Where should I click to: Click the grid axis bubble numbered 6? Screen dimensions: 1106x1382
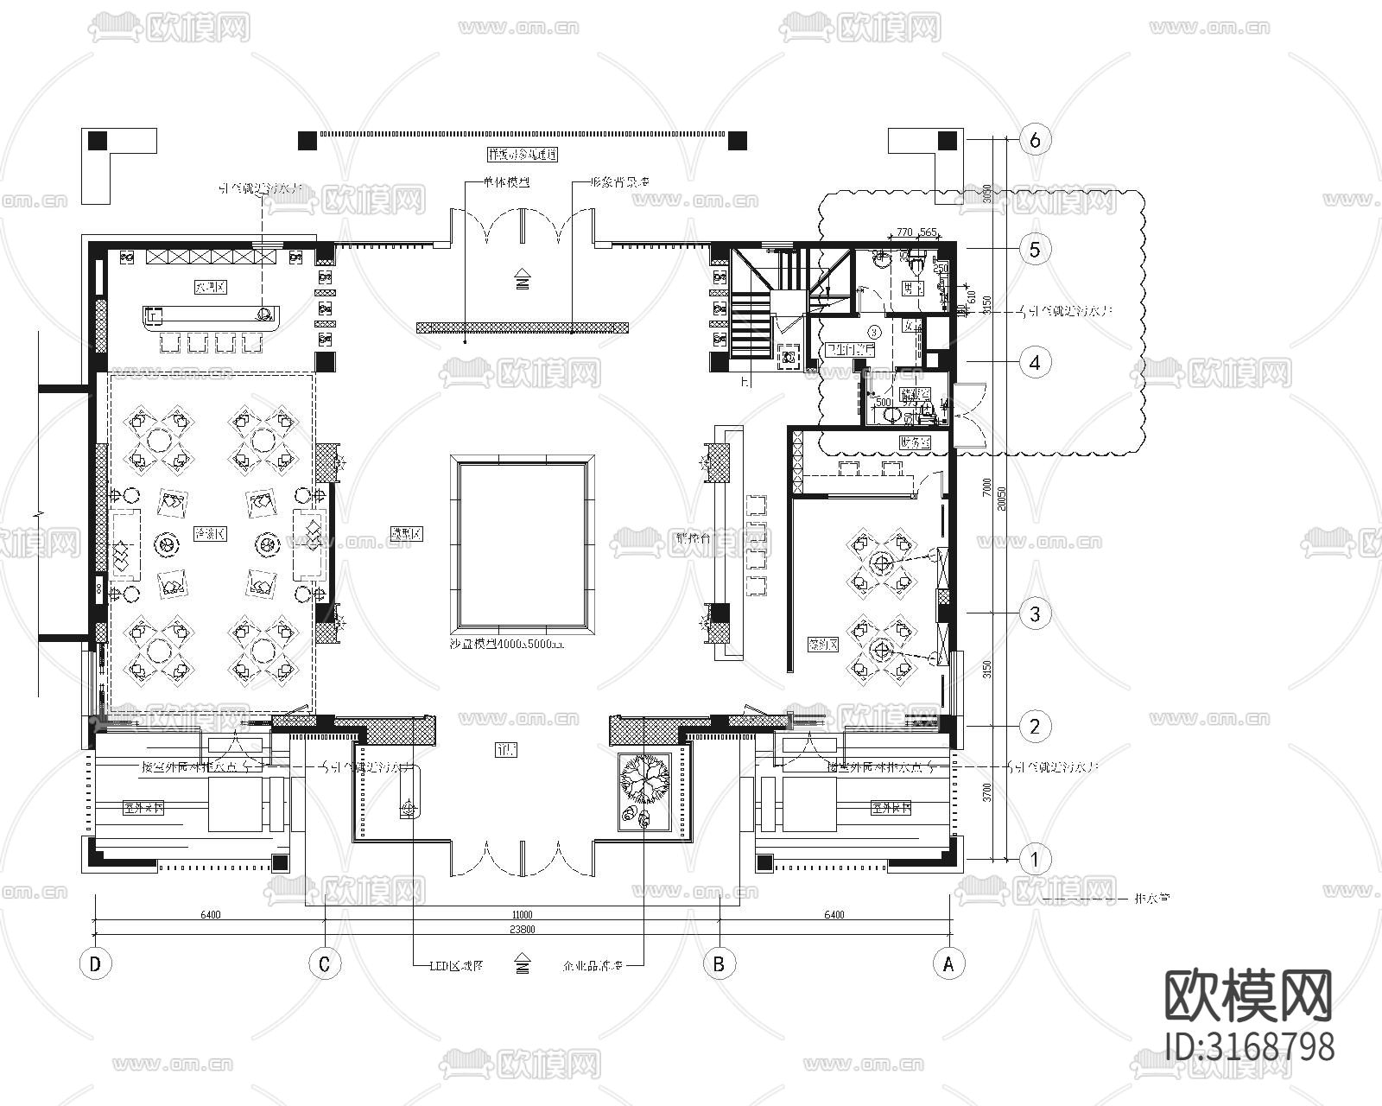click(1035, 139)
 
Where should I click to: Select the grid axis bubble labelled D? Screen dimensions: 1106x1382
click(95, 963)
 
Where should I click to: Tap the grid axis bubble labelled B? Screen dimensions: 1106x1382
click(719, 963)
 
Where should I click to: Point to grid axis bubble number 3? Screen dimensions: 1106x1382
click(1035, 614)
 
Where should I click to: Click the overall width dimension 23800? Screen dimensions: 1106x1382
click(522, 930)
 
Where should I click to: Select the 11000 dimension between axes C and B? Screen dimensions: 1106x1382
click(522, 914)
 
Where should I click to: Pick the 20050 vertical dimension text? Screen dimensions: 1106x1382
click(1000, 499)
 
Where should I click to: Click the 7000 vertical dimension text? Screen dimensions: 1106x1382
click(987, 486)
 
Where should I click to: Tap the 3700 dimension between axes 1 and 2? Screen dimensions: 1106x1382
click(987, 792)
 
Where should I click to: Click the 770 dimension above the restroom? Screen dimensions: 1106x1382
click(904, 232)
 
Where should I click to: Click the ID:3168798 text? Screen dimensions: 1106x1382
click(1249, 1046)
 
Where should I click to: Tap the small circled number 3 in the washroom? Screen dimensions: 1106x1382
click(874, 330)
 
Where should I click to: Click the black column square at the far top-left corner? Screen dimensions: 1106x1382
click(98, 140)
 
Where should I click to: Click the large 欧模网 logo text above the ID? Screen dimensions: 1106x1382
click(1249, 995)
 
